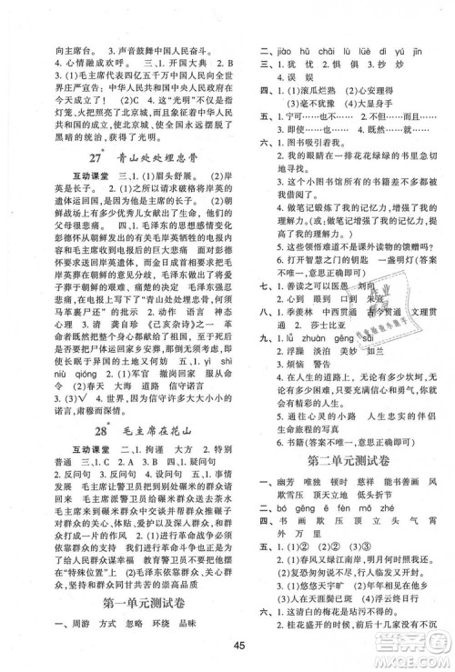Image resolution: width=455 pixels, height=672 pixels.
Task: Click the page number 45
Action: pyautogui.click(x=227, y=648)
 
